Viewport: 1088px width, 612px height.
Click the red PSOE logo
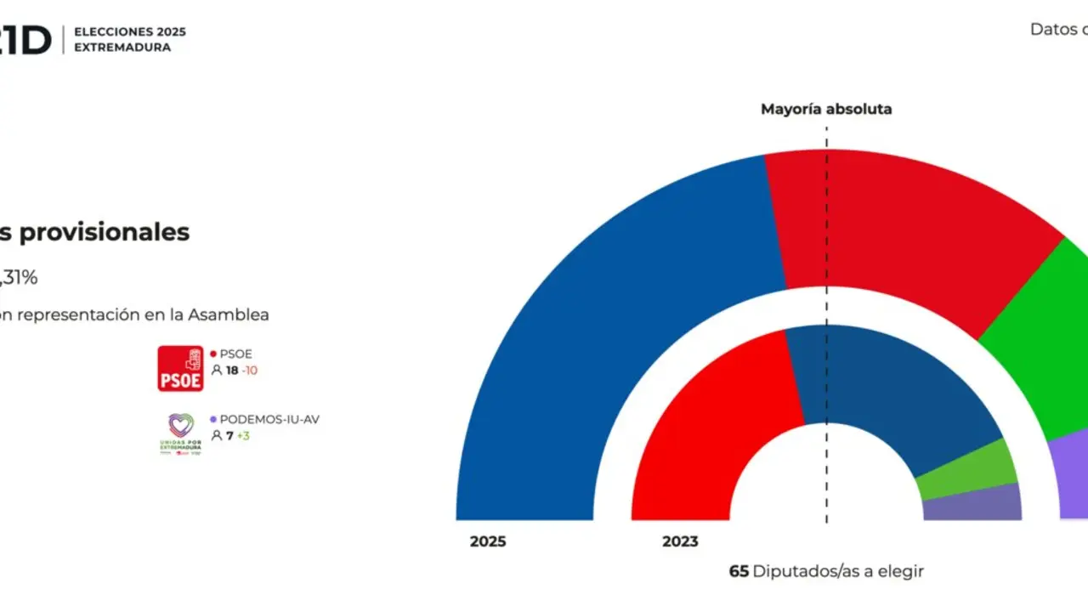coord(180,368)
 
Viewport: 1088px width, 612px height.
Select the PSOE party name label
coord(235,354)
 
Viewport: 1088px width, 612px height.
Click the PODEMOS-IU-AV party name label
coord(269,419)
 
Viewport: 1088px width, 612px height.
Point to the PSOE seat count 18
coord(231,371)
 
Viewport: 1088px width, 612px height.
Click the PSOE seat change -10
coord(249,371)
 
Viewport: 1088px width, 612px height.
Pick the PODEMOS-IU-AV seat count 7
coord(229,436)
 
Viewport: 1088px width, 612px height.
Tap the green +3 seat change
coord(243,436)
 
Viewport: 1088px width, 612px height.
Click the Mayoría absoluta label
coord(825,109)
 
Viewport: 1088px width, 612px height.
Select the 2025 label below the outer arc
coord(488,541)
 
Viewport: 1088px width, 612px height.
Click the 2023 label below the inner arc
coord(680,541)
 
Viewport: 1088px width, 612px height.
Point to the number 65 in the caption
coord(739,571)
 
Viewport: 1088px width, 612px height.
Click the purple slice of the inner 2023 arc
coord(973,503)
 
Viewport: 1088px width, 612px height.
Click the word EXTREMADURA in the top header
coord(122,48)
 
